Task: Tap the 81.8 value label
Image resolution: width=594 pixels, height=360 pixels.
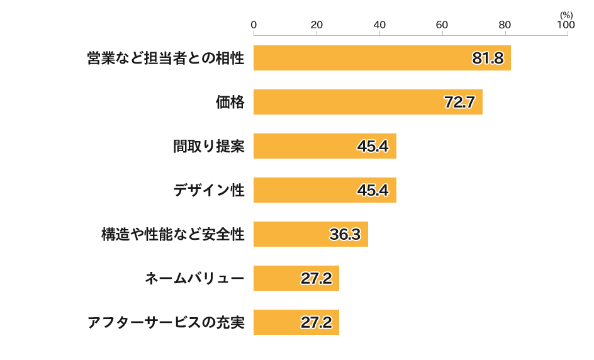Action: click(x=488, y=59)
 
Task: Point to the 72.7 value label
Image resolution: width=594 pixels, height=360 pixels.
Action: click(x=459, y=103)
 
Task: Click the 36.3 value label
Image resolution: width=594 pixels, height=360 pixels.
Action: click(x=345, y=235)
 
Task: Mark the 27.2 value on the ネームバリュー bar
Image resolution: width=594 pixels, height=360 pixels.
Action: click(x=316, y=279)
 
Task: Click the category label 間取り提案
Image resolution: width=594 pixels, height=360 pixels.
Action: click(x=208, y=147)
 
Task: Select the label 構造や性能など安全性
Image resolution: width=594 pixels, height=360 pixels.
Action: click(x=172, y=235)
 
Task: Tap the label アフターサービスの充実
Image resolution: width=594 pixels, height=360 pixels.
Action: click(x=165, y=323)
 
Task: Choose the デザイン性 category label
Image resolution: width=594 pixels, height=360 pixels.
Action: click(x=208, y=191)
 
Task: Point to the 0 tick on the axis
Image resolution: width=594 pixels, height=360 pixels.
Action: click(x=254, y=25)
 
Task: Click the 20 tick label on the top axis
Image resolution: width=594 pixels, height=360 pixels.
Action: click(x=317, y=25)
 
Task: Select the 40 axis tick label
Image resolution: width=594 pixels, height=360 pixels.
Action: click(x=379, y=25)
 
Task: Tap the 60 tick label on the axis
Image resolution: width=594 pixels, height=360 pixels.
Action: click(x=442, y=25)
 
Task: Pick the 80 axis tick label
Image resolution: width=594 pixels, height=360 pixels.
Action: click(x=505, y=25)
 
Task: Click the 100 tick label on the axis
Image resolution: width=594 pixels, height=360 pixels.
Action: click(x=566, y=25)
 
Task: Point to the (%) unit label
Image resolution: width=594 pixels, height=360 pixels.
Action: click(x=566, y=14)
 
